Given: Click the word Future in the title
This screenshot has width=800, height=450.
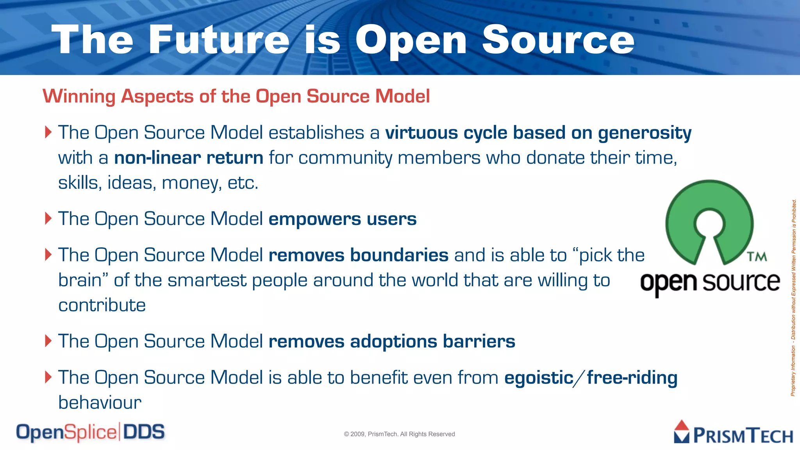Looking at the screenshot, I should coord(219,39).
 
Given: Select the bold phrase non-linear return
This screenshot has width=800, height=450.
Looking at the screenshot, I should coord(189,158).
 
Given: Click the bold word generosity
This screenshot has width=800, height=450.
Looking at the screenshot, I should coord(645,133).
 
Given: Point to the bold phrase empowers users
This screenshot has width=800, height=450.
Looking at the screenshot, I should coord(342,219).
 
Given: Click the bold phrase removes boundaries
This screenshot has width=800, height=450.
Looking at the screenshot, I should coord(358,255).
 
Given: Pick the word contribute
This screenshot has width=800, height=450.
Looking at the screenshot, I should coord(102,305).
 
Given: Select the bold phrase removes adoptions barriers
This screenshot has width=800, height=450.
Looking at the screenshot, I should coord(392,341).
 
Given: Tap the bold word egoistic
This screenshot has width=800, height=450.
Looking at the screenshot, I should coord(539,378).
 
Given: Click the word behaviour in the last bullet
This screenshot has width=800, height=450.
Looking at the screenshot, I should coord(100,403).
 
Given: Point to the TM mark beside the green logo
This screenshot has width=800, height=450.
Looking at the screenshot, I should coord(757,257).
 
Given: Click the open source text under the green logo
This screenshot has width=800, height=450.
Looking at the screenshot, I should coord(710,282).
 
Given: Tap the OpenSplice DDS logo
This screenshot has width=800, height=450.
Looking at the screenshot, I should coord(90,432).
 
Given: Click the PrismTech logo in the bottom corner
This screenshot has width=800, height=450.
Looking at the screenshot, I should coord(733,433).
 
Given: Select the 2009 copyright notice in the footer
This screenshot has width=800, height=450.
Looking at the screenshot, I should coord(399,434).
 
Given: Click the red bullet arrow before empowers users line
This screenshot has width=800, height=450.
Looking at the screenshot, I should coord(48,218).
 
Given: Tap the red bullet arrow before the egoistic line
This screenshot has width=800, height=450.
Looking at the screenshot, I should coord(48,377).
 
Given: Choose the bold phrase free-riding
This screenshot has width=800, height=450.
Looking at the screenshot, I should coord(632,378).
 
